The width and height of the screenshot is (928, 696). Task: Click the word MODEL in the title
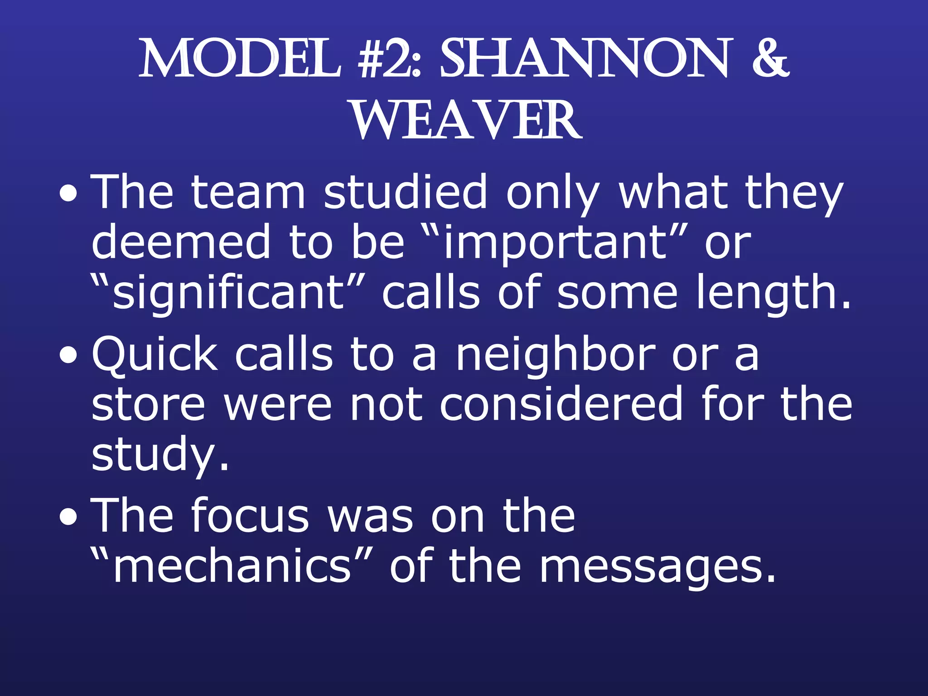(x=240, y=59)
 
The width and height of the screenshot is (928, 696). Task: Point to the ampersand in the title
(x=771, y=59)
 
